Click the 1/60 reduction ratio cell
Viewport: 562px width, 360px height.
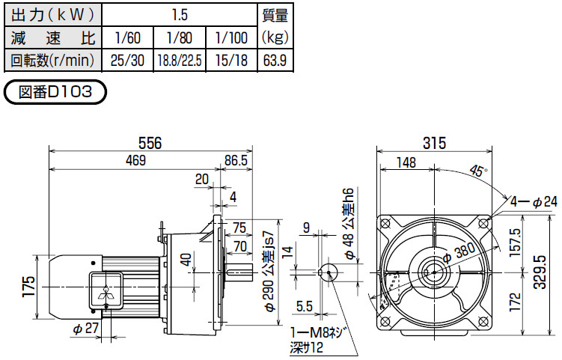point(128,37)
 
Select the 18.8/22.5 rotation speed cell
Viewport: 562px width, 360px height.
point(180,60)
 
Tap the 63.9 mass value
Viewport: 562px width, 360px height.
point(275,60)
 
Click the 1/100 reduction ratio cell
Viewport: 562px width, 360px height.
point(231,37)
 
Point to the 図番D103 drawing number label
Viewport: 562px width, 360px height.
point(55,92)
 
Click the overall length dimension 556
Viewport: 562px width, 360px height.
point(150,143)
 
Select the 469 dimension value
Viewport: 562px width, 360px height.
point(136,160)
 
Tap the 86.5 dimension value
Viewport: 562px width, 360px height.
point(236,160)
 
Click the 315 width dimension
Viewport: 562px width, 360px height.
point(434,143)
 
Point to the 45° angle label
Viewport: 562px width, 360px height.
point(478,170)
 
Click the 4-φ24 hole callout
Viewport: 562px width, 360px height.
point(534,202)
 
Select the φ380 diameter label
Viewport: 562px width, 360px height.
point(459,252)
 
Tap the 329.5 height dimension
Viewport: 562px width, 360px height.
point(540,272)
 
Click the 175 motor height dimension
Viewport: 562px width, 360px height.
point(28,286)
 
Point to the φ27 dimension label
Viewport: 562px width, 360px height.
point(85,329)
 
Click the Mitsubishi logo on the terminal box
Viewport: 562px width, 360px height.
point(107,292)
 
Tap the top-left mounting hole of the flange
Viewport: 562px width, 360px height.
point(385,224)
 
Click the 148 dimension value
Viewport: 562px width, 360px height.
point(406,162)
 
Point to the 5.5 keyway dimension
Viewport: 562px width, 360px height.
point(305,306)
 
